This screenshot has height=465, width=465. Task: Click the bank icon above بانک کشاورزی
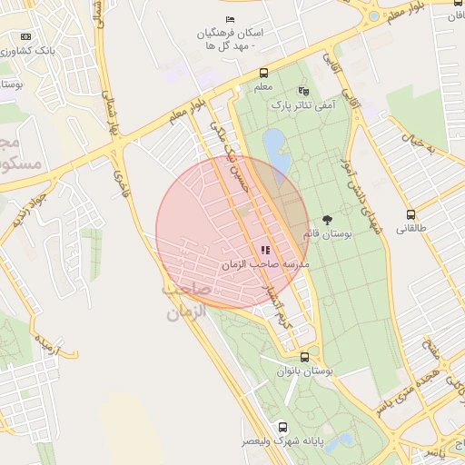[25, 37]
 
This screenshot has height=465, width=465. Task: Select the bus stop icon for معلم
[263, 73]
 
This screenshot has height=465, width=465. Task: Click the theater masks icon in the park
[302, 92]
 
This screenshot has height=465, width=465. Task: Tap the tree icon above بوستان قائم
[327, 220]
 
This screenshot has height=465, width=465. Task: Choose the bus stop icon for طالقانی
[411, 215]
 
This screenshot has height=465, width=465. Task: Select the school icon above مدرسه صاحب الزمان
[265, 250]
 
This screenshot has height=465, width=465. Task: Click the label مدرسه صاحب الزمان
[266, 263]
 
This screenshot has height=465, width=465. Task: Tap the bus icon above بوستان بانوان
[303, 358]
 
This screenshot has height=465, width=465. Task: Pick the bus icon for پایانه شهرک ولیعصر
[282, 426]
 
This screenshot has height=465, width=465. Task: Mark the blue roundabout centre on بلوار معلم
[373, 16]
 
